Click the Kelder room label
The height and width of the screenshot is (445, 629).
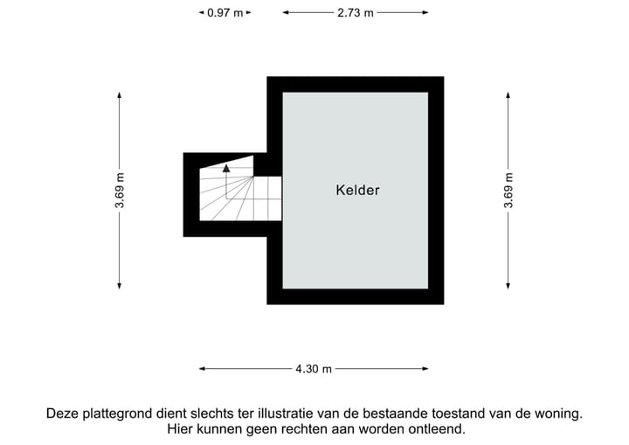point(357,190)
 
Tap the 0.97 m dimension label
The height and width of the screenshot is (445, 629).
point(225,13)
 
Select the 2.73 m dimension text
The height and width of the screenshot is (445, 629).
point(355,13)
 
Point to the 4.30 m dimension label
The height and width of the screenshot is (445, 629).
point(314,369)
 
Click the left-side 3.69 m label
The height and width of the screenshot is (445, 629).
point(120,190)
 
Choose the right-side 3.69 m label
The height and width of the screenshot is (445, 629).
point(508,190)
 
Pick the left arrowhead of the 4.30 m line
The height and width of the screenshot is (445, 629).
point(203,369)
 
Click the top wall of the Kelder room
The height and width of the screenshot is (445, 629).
point(355,84)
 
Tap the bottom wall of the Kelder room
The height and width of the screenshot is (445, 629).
point(355,296)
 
